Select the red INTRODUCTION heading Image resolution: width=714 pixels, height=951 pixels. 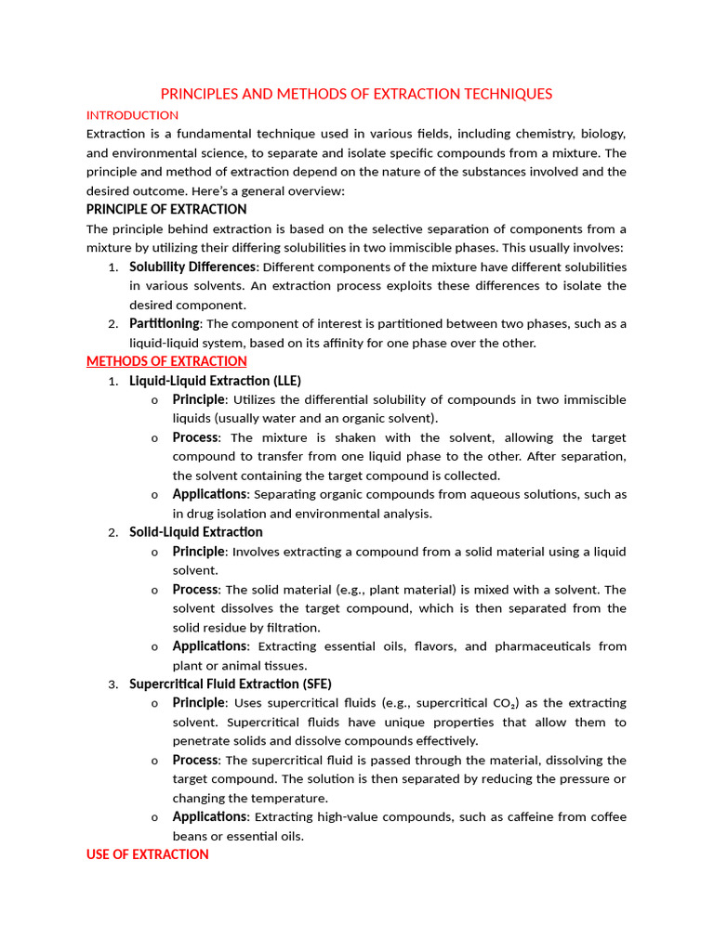point(132,115)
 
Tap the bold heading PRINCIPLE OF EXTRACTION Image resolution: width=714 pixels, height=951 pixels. point(166,209)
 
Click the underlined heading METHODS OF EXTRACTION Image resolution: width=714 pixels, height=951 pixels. point(166,361)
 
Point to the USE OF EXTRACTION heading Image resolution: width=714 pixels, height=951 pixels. point(147,853)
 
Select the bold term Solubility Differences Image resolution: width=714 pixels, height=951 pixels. point(192,267)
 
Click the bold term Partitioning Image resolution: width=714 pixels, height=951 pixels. point(164,323)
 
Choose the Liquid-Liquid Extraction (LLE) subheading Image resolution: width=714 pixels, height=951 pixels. point(215,381)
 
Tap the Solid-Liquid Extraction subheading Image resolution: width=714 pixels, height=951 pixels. point(195,532)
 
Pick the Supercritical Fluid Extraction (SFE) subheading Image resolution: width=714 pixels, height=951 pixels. point(230,684)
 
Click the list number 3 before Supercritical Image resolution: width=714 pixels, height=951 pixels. point(112,684)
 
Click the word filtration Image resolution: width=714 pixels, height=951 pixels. point(292,628)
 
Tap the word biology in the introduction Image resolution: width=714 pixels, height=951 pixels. point(602,134)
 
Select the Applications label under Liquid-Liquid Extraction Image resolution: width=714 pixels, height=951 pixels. point(209,494)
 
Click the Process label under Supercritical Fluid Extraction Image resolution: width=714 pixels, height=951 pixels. point(195,760)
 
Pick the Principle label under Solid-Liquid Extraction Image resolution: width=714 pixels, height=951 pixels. point(198,551)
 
